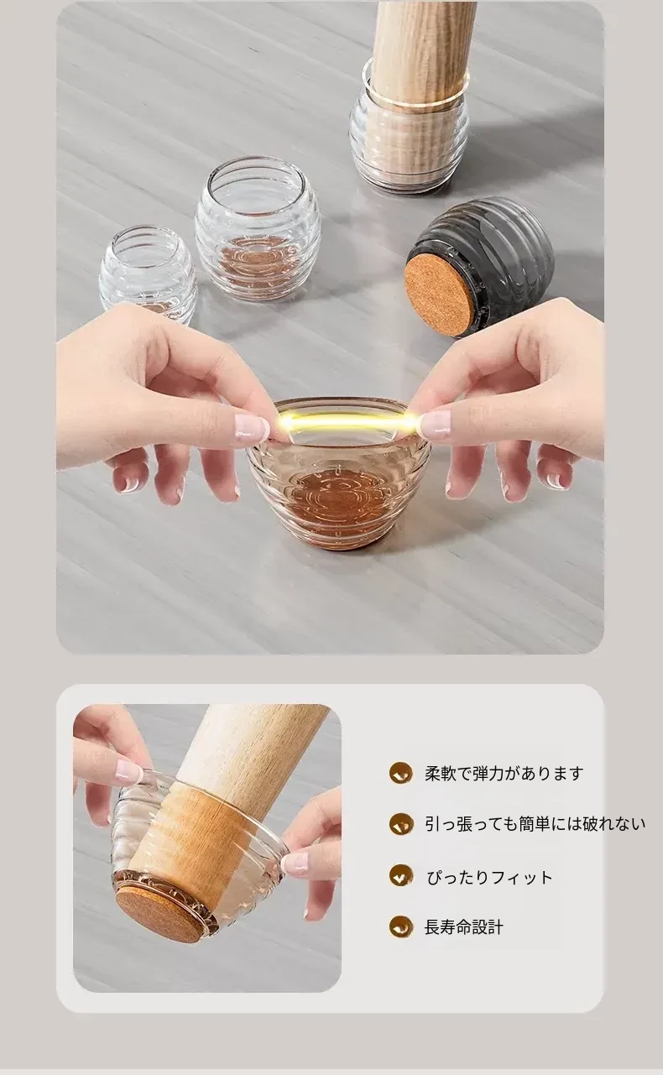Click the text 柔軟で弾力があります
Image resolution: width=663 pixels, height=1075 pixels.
click(x=504, y=774)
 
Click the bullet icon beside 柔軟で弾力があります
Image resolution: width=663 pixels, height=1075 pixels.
click(x=401, y=774)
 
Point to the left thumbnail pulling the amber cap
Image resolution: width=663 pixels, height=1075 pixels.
click(x=251, y=426)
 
